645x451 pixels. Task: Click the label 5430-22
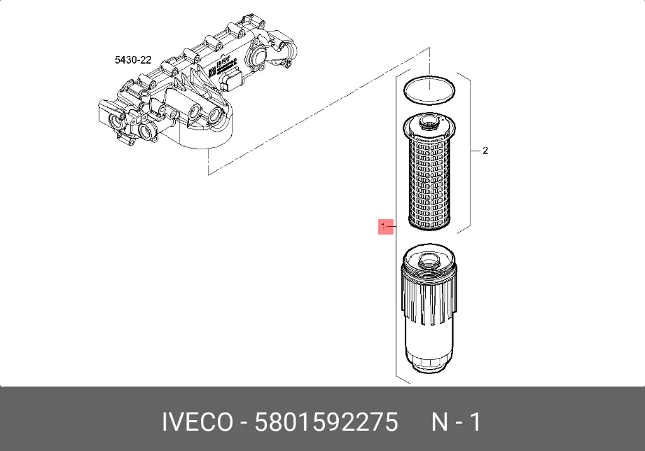(133, 60)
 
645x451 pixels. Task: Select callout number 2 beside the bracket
(486, 151)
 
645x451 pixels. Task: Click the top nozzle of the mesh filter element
(428, 122)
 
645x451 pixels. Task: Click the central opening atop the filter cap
(428, 260)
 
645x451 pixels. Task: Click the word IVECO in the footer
(197, 422)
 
